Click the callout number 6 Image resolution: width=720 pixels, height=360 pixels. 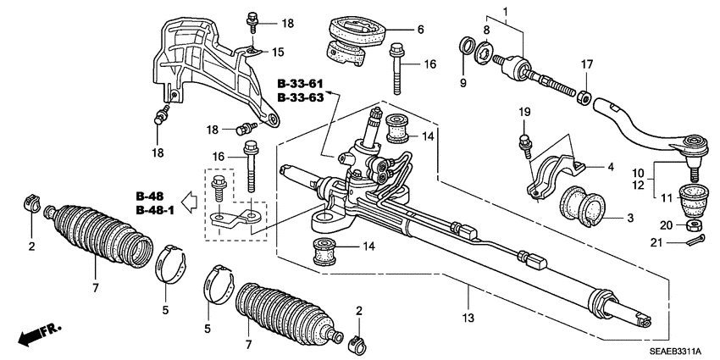point(418,29)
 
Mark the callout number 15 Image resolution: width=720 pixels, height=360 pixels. point(278,53)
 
